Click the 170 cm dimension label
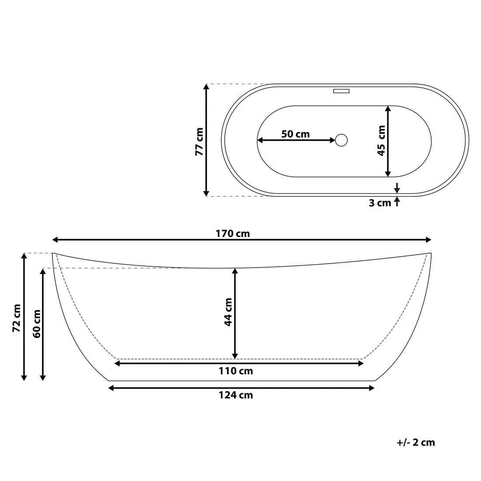[x=233, y=234]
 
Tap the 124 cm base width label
[x=236, y=395]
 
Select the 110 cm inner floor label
[x=236, y=371]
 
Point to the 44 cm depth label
[x=228, y=312]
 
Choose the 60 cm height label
[x=36, y=324]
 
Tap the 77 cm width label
[x=199, y=142]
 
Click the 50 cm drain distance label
[x=296, y=134]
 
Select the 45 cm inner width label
[x=381, y=140]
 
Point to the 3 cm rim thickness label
[x=380, y=203]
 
